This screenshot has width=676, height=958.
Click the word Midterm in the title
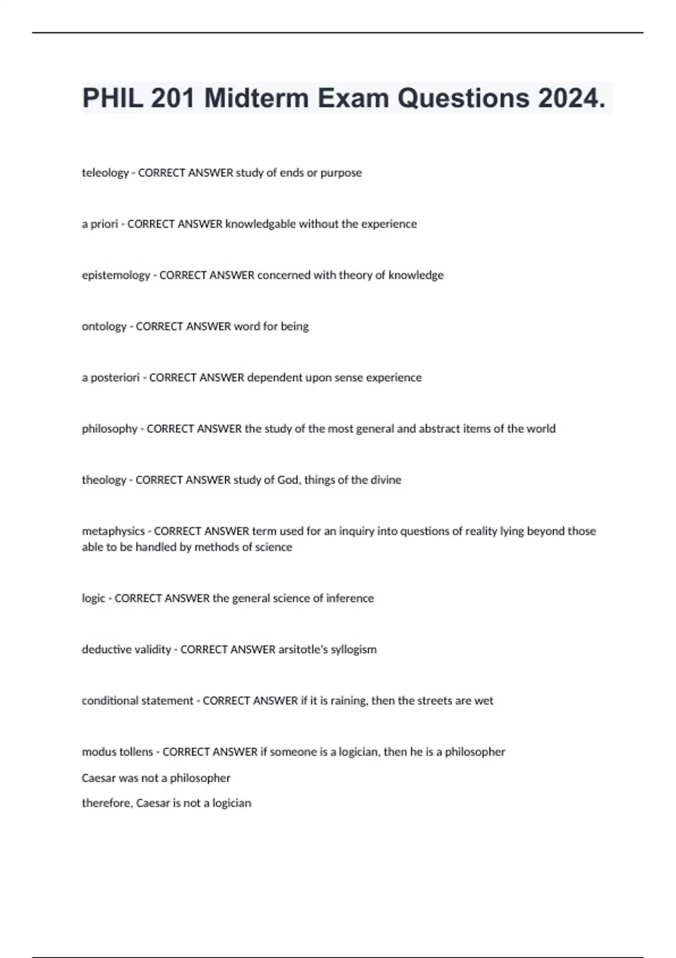point(256,99)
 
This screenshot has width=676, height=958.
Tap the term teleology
point(105,173)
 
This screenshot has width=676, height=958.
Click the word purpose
point(341,173)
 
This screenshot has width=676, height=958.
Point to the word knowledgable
point(260,224)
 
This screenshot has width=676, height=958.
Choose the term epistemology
point(116,275)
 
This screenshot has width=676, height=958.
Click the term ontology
point(104,326)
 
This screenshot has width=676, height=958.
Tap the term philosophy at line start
point(109,429)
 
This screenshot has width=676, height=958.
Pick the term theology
point(104,480)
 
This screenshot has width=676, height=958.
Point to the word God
point(288,480)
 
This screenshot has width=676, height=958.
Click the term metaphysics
point(113,531)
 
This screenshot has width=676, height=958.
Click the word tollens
point(134,752)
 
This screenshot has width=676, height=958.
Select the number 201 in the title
point(173,99)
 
